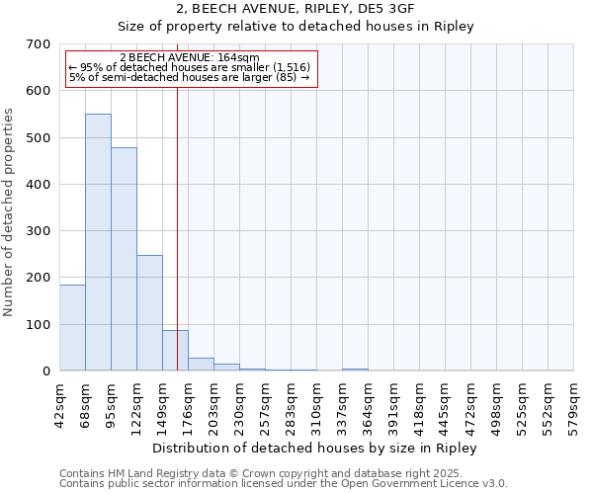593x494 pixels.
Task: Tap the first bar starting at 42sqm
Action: coord(72,327)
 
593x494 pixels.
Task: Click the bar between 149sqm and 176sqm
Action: coord(175,350)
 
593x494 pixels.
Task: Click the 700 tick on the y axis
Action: coord(39,44)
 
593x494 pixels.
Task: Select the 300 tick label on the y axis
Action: coord(39,231)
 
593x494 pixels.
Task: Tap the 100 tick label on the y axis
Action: coord(39,325)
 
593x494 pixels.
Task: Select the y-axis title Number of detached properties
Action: coord(9,212)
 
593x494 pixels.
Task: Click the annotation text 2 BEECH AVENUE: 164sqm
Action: coord(189,57)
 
